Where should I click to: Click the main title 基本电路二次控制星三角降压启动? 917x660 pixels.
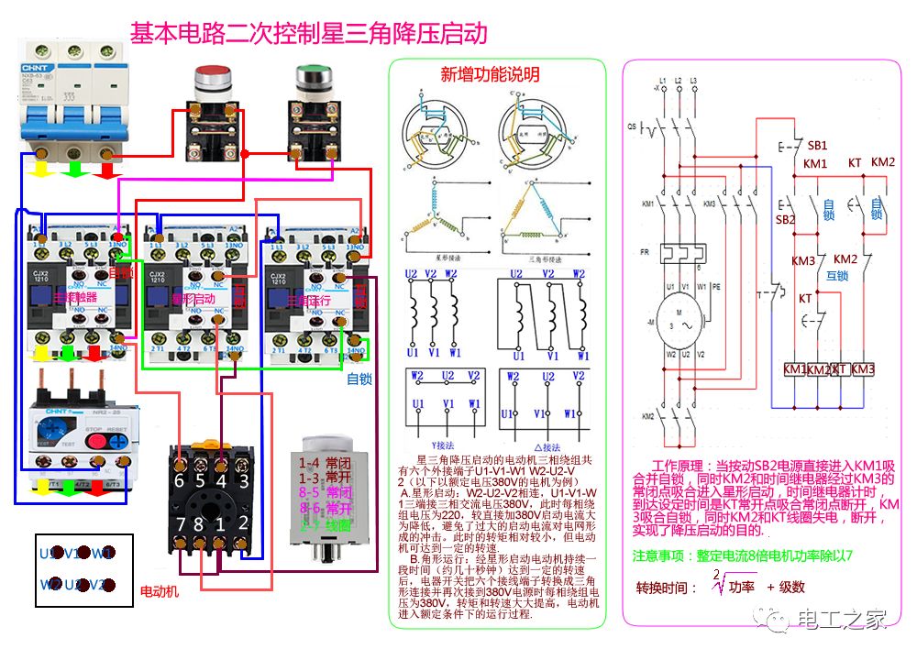(308, 34)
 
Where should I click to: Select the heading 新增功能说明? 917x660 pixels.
(490, 74)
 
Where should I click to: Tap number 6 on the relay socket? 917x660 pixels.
(179, 480)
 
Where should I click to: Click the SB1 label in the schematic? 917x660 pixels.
(816, 146)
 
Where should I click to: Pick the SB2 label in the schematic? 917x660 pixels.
(785, 220)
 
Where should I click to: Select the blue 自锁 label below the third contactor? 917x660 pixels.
(359, 379)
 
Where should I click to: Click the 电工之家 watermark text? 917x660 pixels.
(841, 620)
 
